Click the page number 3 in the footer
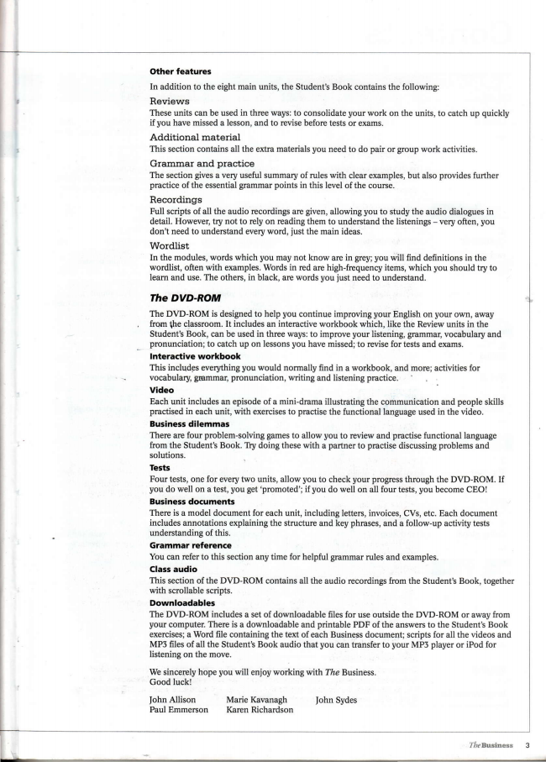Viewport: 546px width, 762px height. (527, 744)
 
